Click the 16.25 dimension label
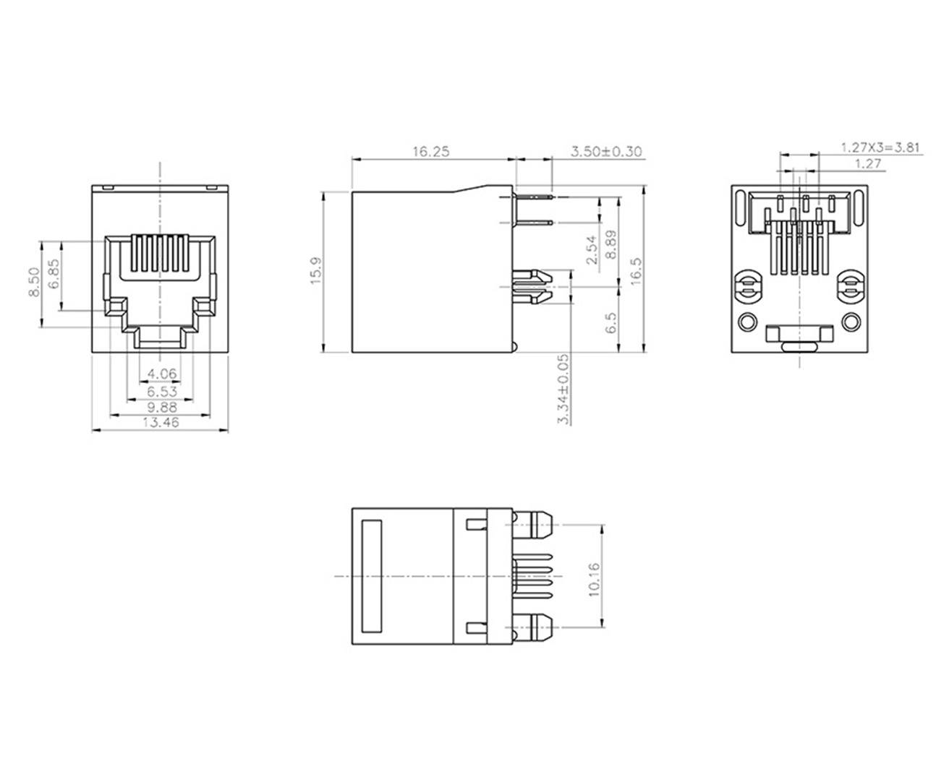tap(431, 152)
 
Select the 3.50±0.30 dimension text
tap(606, 152)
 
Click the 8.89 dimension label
tap(612, 245)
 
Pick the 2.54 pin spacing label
tap(591, 249)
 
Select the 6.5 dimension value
tap(612, 322)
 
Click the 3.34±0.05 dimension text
tap(563, 388)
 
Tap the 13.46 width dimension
tap(160, 423)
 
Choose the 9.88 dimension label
tap(160, 407)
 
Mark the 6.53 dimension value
tap(160, 391)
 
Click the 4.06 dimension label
tap(160, 374)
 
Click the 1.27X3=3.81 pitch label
tap(880, 147)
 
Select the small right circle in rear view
tap(852, 322)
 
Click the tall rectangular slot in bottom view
tap(372, 576)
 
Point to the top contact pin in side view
tap(535, 196)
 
